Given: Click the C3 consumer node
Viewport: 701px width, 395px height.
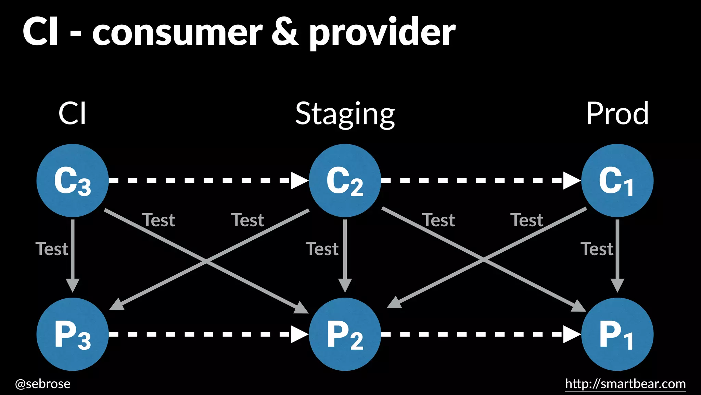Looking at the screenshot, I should pyautogui.click(x=73, y=180).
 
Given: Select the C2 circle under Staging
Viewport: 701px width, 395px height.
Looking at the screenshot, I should pyautogui.click(x=345, y=180).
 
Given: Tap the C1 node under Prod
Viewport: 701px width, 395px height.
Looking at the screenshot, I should pyautogui.click(x=617, y=180).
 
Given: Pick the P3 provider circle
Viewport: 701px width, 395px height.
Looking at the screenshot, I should pyautogui.click(x=73, y=334).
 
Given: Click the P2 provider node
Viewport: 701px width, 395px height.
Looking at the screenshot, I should pyautogui.click(x=345, y=334).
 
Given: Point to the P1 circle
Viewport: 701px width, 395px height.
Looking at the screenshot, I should pyautogui.click(x=617, y=334).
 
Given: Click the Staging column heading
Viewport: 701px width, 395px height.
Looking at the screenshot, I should pyautogui.click(x=345, y=114).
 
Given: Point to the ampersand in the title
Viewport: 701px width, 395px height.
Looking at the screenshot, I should pyautogui.click(x=285, y=32).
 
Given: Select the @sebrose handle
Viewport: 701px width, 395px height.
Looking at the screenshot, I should pyautogui.click(x=43, y=384).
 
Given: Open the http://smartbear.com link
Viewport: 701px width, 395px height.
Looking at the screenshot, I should pyautogui.click(x=625, y=384).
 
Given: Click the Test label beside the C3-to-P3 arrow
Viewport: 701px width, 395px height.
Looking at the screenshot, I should pyautogui.click(x=52, y=249).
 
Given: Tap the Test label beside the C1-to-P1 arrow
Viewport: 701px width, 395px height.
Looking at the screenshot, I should pyautogui.click(x=597, y=249).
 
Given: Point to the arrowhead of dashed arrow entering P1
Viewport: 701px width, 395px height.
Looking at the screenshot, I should pyautogui.click(x=571, y=334).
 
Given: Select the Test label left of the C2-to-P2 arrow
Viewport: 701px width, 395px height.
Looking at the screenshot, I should pyautogui.click(x=322, y=249).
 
